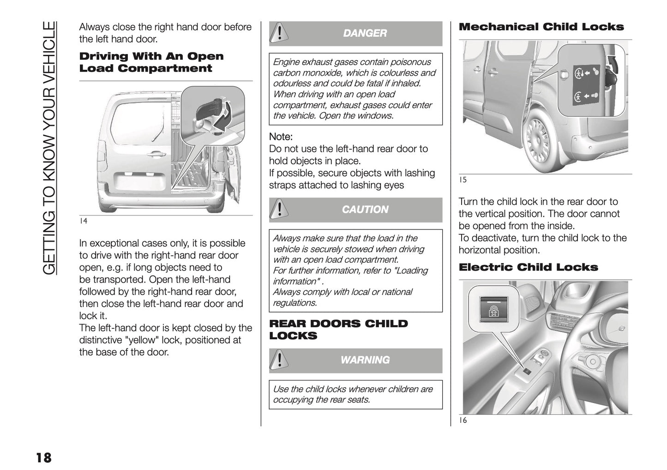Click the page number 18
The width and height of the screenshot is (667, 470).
[43, 458]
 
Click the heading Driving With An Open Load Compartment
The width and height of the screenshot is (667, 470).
[151, 62]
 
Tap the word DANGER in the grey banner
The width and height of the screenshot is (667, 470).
[365, 33]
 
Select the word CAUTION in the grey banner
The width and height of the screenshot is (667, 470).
[365, 210]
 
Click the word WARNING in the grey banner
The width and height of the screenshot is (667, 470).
[365, 360]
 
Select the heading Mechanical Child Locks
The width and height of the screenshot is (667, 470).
[541, 27]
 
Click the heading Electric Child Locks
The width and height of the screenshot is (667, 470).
[528, 267]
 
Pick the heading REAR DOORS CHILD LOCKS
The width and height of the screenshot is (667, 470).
[338, 330]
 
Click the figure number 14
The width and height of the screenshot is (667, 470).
[83, 221]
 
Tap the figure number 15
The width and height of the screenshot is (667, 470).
[463, 180]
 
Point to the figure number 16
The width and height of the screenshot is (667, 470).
[463, 420]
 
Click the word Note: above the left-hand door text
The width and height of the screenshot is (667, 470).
[281, 137]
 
